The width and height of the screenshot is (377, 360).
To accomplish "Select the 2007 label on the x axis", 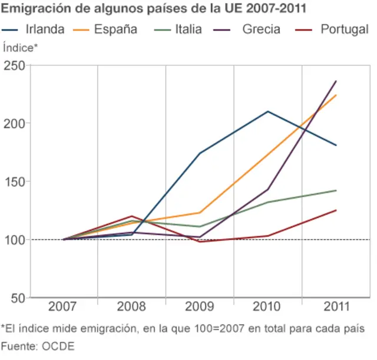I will coord(62,307).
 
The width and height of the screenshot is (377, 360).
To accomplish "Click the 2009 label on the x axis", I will coord(199,307).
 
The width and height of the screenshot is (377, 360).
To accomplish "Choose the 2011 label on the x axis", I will coord(336,307).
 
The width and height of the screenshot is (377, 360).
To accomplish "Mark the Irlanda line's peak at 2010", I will coord(268,111).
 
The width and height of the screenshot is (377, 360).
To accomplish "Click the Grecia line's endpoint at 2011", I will coord(336,81).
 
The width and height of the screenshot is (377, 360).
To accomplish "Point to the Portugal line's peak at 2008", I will coord(131,216).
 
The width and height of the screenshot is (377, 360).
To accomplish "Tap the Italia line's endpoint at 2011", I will coord(336,190).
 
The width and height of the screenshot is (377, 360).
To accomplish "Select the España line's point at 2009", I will coord(200,213).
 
